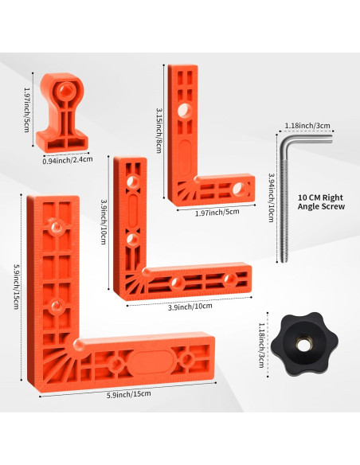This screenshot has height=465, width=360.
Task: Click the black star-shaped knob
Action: click(304, 344)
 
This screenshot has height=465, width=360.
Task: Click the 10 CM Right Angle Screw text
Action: click(321, 202)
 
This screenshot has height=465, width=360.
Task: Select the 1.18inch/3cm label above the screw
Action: click(307, 126)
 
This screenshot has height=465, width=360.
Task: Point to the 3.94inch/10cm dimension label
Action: click(271, 197)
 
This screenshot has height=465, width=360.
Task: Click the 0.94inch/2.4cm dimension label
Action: click(68, 160)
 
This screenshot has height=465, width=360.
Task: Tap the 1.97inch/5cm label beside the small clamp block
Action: click(27, 109)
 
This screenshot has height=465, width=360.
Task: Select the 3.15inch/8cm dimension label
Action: click(159, 130)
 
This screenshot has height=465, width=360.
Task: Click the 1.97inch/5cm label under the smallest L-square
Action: click(217, 213)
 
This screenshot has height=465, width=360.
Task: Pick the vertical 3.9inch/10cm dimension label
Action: click(104, 221)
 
